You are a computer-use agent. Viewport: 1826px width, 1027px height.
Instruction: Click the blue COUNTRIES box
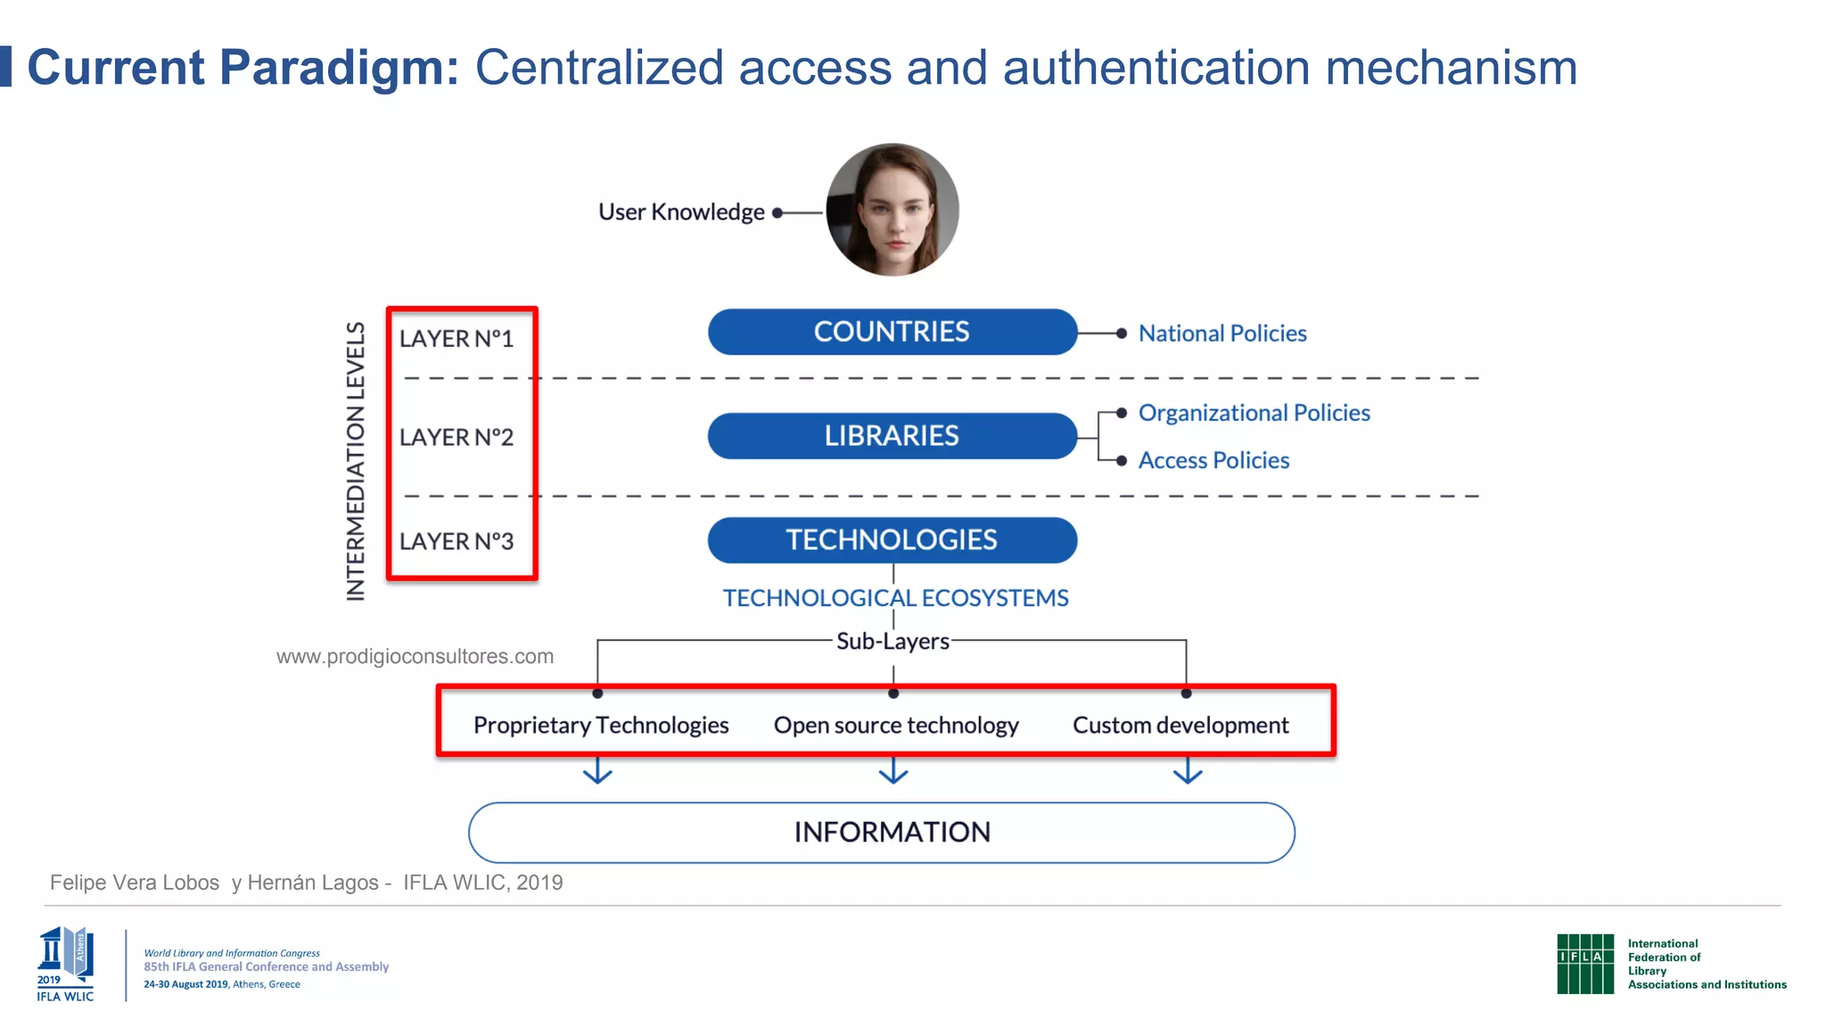pyautogui.click(x=892, y=332)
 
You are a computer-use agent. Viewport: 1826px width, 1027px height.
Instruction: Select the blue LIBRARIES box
pyautogui.click(x=892, y=436)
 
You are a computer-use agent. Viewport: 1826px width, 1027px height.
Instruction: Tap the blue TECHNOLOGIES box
pyautogui.click(x=892, y=540)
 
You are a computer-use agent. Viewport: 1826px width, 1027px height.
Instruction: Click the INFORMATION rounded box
pyautogui.click(x=881, y=833)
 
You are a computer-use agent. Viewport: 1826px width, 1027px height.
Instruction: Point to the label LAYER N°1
pyautogui.click(x=456, y=339)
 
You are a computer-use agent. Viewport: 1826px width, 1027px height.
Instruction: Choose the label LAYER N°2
pyautogui.click(x=456, y=438)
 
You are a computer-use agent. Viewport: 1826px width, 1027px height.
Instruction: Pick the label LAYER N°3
pyautogui.click(x=456, y=541)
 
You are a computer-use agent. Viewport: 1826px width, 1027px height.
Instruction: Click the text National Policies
pyautogui.click(x=1222, y=333)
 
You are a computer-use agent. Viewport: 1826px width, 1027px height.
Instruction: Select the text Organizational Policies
pyautogui.click(x=1254, y=413)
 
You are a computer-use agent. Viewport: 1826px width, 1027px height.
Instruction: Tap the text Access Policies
pyautogui.click(x=1213, y=460)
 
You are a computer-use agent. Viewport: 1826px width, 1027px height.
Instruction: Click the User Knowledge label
pyautogui.click(x=681, y=212)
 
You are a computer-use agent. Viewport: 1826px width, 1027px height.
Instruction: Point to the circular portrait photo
pyautogui.click(x=892, y=210)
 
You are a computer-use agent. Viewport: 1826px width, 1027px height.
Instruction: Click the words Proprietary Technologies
pyautogui.click(x=601, y=726)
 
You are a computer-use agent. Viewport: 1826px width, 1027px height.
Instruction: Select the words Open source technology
pyautogui.click(x=896, y=726)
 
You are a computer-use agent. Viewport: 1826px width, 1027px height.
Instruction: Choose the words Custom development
pyautogui.click(x=1180, y=726)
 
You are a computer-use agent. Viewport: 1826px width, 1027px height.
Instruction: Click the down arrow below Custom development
pyautogui.click(x=1187, y=771)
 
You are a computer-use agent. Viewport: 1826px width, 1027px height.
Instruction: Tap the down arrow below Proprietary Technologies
pyautogui.click(x=597, y=771)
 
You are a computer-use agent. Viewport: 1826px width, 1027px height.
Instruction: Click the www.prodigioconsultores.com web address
pyautogui.click(x=415, y=657)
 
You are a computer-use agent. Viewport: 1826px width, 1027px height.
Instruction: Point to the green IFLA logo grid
pyautogui.click(x=1584, y=964)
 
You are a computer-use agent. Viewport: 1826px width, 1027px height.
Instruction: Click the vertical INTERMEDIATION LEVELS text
pyautogui.click(x=356, y=461)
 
